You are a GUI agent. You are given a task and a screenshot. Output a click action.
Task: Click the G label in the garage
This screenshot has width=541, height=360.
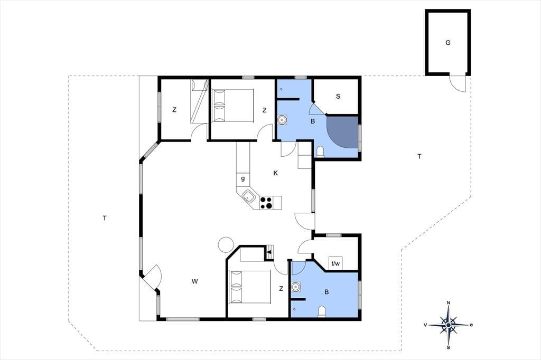pyautogui.click(x=448, y=43)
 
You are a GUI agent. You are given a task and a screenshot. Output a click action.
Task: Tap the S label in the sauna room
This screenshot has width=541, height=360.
pyautogui.click(x=338, y=96)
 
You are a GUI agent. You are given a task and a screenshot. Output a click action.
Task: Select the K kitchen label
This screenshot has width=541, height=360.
pyautogui.click(x=276, y=173)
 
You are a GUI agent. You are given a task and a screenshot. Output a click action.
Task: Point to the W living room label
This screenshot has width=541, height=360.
pyautogui.click(x=195, y=281)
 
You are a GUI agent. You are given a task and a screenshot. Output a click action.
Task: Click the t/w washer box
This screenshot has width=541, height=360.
pyautogui.click(x=335, y=264)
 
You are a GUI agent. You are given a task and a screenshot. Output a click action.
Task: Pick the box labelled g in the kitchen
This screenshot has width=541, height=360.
pyautogui.click(x=243, y=178)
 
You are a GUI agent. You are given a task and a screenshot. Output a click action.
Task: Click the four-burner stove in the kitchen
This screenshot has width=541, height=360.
pyautogui.click(x=266, y=203)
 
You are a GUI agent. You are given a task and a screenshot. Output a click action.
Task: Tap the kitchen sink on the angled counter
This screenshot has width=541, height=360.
pyautogui.click(x=249, y=197)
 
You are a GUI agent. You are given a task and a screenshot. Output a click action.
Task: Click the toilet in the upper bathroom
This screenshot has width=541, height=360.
pyautogui.click(x=320, y=151)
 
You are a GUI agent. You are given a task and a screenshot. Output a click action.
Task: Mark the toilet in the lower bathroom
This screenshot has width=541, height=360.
pyautogui.click(x=322, y=311)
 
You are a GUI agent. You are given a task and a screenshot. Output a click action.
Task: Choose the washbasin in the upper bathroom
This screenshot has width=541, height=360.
pyautogui.click(x=282, y=120)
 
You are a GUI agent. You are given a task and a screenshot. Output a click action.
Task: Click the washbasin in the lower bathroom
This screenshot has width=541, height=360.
pyautogui.click(x=296, y=287)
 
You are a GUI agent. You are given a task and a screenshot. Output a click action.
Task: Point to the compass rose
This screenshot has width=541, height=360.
pyautogui.click(x=448, y=325)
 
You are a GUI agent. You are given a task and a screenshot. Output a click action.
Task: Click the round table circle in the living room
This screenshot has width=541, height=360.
pyautogui.click(x=226, y=244)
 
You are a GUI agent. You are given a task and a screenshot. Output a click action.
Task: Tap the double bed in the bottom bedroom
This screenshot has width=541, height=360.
pyautogui.click(x=250, y=287)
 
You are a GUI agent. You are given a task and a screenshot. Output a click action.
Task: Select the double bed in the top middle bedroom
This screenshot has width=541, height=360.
pyautogui.click(x=233, y=106)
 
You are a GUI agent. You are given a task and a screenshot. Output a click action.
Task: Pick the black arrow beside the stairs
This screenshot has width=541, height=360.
pyautogui.click(x=269, y=252)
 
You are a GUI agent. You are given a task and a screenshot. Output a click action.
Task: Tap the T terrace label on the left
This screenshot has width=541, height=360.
pyautogui.click(x=105, y=218)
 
